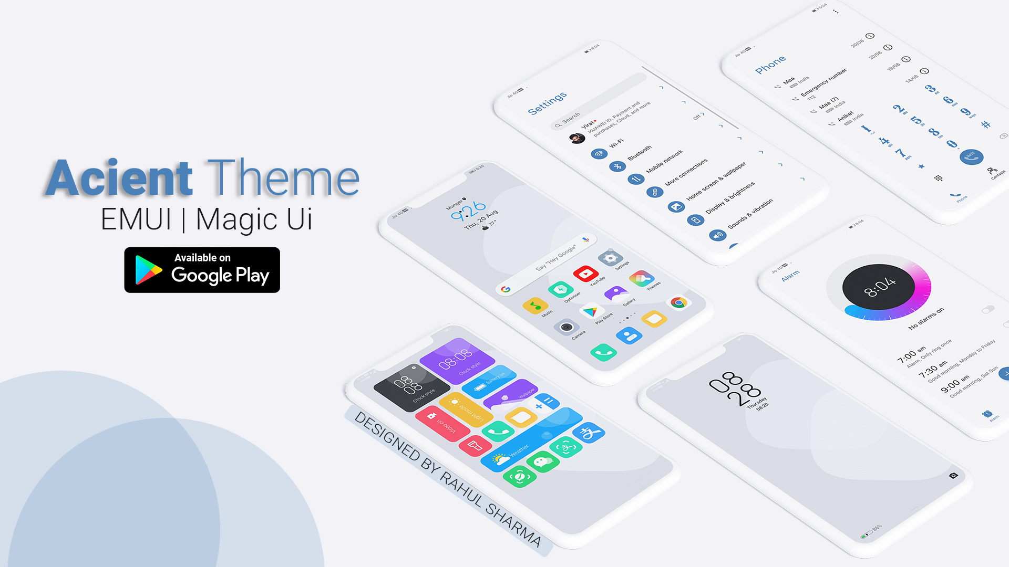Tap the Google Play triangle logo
pos(148,270)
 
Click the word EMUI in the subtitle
pos(136,219)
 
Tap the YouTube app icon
pos(585,274)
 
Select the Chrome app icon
pos(678,303)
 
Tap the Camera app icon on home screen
pos(567,327)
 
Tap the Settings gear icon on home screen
pos(610,258)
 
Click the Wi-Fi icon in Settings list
pos(599,154)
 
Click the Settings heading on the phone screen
pos(547,103)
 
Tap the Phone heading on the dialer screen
pos(770,65)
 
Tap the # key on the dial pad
pos(986,124)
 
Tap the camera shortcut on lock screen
pos(953,476)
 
